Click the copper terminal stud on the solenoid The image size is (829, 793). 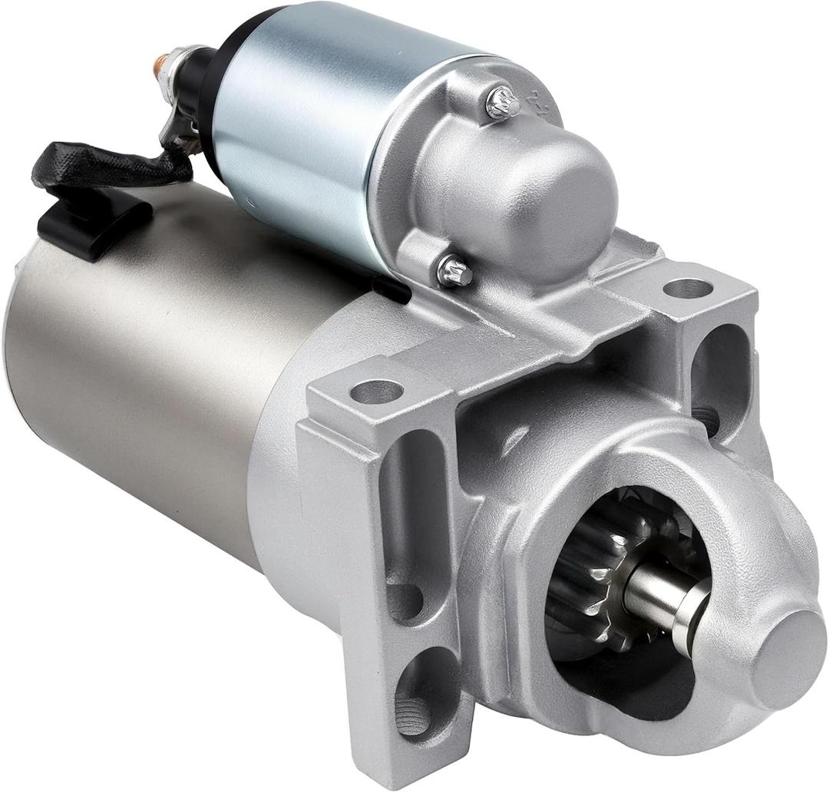click(159, 67)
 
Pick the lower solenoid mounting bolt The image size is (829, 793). click(454, 269)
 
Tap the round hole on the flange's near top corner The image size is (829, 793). click(376, 392)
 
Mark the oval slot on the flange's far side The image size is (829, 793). click(720, 376)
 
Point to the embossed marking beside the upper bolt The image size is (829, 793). click(542, 107)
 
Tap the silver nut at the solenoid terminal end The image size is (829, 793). click(175, 61)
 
